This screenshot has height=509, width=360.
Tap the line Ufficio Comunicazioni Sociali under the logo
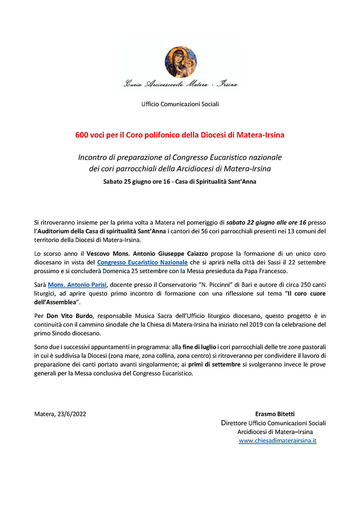(x=180, y=104)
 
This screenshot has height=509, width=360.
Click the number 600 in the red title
(x=82, y=135)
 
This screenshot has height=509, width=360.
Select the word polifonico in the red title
(x=165, y=135)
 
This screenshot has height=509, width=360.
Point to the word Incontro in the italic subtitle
(x=92, y=157)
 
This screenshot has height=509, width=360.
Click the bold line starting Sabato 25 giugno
(x=180, y=182)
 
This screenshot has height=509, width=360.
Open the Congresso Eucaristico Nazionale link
(x=142, y=262)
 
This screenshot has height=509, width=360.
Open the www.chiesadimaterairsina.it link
(x=278, y=441)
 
